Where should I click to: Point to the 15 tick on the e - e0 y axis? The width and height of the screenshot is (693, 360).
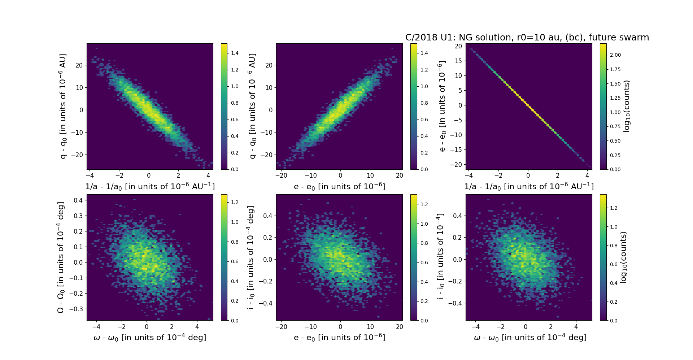pyautogui.click(x=458, y=61)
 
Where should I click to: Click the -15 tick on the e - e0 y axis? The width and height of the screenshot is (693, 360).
pyautogui.click(x=457, y=149)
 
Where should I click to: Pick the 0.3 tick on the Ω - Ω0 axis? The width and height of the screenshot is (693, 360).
pyautogui.click(x=78, y=216)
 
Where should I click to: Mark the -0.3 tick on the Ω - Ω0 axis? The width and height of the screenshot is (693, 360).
pyautogui.click(x=77, y=309)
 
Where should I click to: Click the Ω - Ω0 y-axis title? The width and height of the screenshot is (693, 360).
pyautogui.click(x=61, y=257)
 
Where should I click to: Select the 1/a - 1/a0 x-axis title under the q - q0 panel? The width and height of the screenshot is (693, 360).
pyautogui.click(x=150, y=186)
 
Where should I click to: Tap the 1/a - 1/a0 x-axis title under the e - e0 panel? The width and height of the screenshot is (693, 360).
pyautogui.click(x=529, y=186)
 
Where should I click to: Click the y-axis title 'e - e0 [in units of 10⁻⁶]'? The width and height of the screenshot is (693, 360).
pyautogui.click(x=442, y=106)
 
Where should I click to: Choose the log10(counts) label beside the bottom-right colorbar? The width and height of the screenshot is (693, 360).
pyautogui.click(x=623, y=257)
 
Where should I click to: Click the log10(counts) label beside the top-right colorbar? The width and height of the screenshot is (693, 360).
pyautogui.click(x=627, y=106)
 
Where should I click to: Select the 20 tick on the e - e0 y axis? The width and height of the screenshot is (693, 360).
pyautogui.click(x=458, y=46)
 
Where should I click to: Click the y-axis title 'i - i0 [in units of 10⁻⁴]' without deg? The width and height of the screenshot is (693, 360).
pyautogui.click(x=440, y=257)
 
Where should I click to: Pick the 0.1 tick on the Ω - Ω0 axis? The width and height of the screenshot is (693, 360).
pyautogui.click(x=78, y=247)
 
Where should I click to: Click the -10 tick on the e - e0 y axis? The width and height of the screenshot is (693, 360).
pyautogui.click(x=457, y=135)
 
